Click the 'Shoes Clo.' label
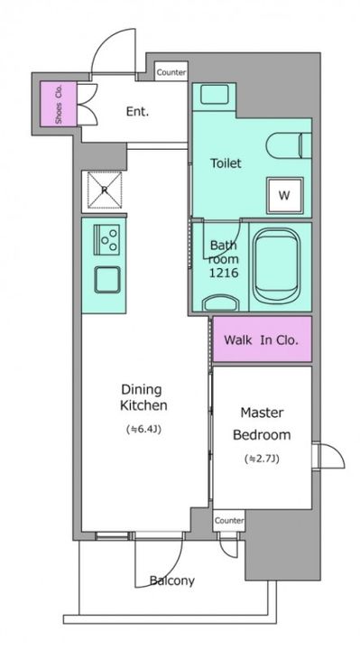pos(59,104)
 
